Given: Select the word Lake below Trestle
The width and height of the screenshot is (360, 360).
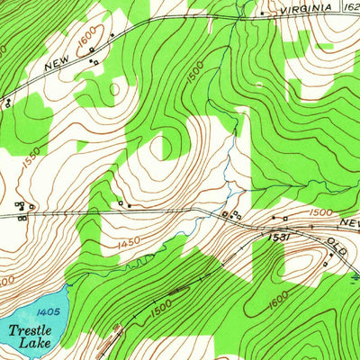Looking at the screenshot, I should (39, 344).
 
